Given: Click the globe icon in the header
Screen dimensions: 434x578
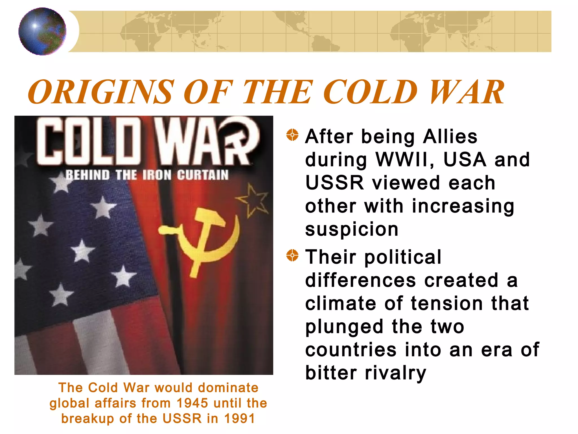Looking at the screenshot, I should [42, 31].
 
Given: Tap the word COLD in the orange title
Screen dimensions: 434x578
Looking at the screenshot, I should [370, 92].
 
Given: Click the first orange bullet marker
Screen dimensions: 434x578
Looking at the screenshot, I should [292, 135].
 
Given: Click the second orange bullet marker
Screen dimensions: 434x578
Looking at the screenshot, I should [292, 256].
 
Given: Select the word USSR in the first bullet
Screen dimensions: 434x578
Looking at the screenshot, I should [334, 183].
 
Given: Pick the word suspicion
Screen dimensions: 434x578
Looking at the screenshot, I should [352, 229].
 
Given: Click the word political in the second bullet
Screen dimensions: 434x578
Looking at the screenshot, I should [403, 257].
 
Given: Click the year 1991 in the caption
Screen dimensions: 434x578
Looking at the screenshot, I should [240, 418].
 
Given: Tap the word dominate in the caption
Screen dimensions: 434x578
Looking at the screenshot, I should [228, 388].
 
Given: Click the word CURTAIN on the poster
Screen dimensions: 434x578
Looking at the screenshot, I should [203, 175].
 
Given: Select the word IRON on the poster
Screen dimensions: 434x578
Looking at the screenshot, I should [157, 175].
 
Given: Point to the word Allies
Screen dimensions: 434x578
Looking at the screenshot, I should [450, 136].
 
